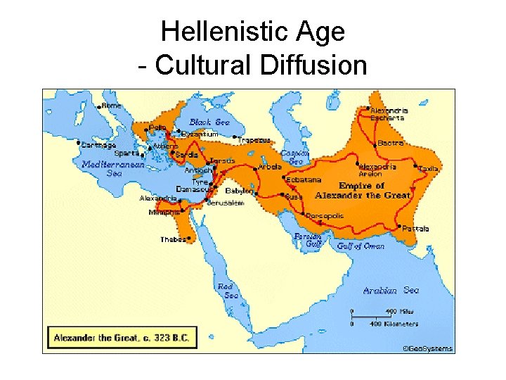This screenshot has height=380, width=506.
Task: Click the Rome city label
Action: point(111,105)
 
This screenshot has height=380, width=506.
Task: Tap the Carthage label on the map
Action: point(99,144)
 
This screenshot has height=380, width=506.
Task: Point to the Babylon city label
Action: point(239,191)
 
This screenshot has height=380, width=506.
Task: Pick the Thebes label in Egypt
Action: point(173,239)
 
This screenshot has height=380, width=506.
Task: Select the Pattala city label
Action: point(415,229)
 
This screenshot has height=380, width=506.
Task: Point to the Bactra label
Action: point(391,143)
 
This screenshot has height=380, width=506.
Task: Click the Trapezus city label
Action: point(254,140)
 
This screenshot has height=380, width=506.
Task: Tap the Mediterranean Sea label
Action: point(113,168)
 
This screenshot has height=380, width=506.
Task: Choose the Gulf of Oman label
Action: point(360,246)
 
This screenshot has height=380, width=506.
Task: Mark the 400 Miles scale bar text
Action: point(397,311)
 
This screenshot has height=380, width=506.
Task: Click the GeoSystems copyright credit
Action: point(427,348)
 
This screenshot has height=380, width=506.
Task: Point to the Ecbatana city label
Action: point(303,179)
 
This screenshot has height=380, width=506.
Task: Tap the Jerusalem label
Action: point(226,203)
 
